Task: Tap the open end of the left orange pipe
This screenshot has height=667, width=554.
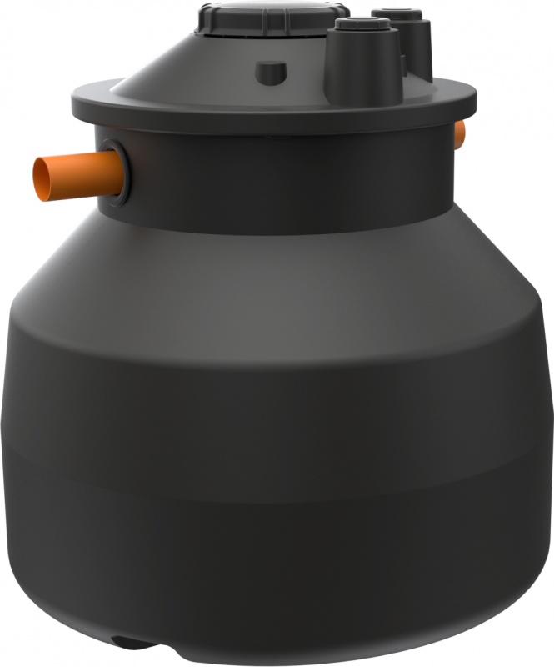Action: [x=42, y=178]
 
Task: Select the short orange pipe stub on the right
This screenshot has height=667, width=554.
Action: [x=459, y=133]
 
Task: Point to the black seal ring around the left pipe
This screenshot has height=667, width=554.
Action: [x=118, y=171]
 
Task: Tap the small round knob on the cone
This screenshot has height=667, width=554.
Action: [x=268, y=71]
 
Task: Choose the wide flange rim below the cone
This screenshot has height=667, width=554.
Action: [x=275, y=109]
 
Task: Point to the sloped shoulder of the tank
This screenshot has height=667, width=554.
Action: [x=275, y=267]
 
